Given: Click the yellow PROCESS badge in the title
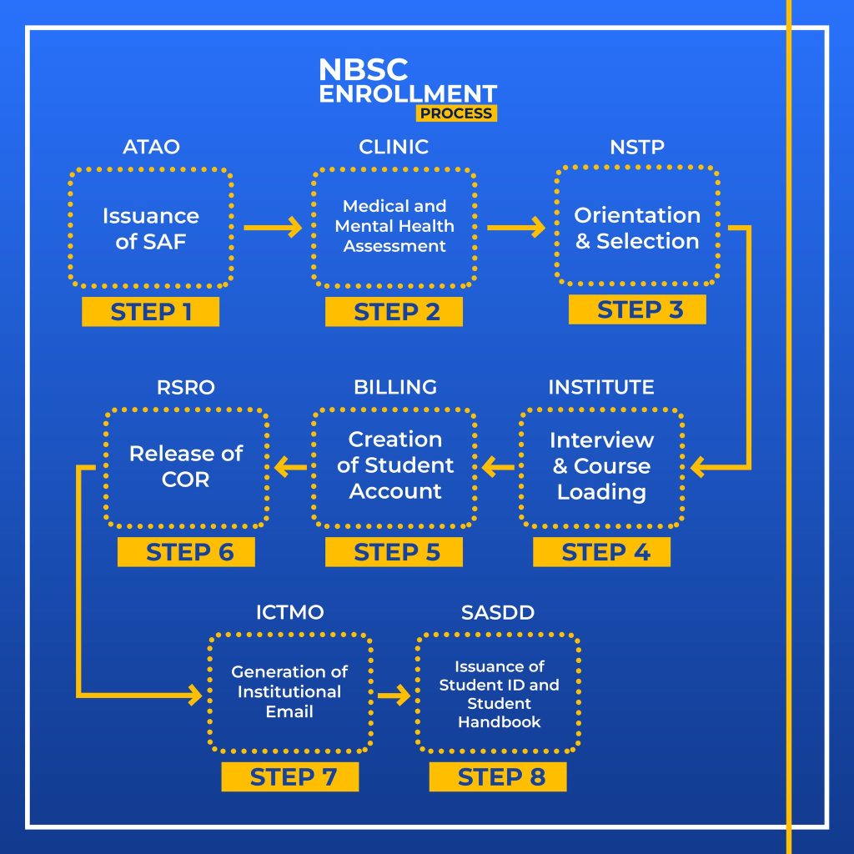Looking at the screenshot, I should point(456,113).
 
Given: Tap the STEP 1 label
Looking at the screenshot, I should point(151,312).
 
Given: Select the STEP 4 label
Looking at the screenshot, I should point(601,552).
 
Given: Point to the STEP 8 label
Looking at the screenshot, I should point(498,777).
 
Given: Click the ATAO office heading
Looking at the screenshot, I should point(151,148).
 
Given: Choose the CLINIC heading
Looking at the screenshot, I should point(394,148).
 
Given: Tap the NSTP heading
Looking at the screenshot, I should point(637,148).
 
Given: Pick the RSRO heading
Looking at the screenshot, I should point(186,388).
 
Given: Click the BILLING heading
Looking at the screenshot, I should point(394,388).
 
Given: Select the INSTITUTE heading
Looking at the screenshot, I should point(601,388).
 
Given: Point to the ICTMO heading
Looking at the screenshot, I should point(289,614).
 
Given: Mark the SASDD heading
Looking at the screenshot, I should point(498,614).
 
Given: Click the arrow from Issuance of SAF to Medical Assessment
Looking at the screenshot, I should point(273,226).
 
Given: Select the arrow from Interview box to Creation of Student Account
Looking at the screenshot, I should point(498,468).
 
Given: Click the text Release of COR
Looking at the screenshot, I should point(186,467).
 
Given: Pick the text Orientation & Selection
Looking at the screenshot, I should point(637,228).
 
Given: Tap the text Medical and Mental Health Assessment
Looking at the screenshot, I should point(394,226).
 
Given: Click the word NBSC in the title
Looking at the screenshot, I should point(364,71).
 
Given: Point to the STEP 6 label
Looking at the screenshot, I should point(186,552).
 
